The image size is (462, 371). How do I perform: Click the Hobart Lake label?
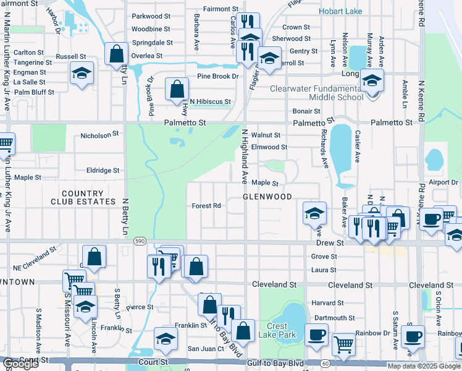tap(341, 12)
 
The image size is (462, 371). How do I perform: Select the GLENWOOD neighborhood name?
tap(267, 197)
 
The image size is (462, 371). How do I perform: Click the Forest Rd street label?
tap(206, 206)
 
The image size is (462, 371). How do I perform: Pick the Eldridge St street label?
tap(103, 170)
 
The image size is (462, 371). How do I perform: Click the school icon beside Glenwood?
tap(314, 213)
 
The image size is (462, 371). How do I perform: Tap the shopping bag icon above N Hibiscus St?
tap(177, 89)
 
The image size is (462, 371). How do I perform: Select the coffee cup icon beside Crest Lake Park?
tap(317, 335)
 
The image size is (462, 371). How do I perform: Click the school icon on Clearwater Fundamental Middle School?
tap(372, 80)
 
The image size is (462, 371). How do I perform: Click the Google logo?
tap(20, 364)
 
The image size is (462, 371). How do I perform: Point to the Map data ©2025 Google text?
tap(424, 366)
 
